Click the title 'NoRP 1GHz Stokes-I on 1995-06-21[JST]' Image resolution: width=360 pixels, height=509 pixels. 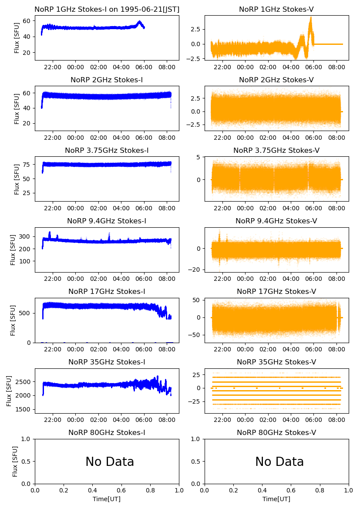pos(107,9)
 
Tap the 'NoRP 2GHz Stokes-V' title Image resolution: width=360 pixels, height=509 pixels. pos(276,80)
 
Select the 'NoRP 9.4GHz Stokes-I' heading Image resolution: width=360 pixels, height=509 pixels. pos(107,221)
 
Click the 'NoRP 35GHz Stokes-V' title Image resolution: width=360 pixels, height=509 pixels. pos(276,362)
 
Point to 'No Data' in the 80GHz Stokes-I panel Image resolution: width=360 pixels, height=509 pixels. pos(110,462)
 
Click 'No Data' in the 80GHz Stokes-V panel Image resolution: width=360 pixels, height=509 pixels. pos(279,462)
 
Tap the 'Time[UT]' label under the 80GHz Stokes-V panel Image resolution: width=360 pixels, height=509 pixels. pos(276,499)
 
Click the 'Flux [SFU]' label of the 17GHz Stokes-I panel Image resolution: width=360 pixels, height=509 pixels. pos(13,320)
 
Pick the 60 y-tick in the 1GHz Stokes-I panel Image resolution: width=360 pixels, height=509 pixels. pos(26,21)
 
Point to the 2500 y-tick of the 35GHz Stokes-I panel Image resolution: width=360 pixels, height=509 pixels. pos(23,381)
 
